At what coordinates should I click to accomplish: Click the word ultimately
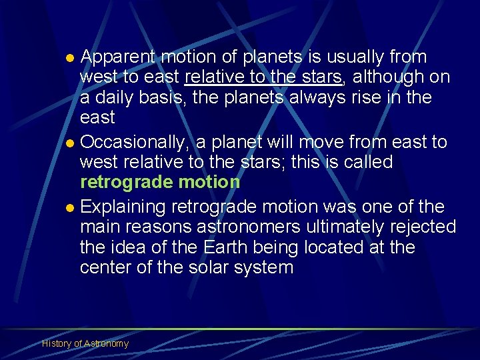coord(347,227)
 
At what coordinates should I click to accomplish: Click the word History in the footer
coord(56,343)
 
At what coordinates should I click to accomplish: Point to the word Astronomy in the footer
coord(107,343)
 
